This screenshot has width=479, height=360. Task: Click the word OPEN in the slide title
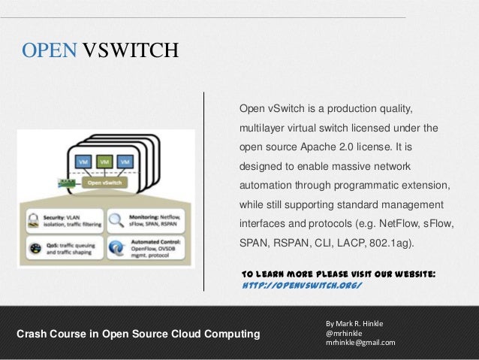[x=49, y=50]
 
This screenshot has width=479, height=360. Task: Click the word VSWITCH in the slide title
[x=130, y=50]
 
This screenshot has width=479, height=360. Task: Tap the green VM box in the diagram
[x=104, y=162]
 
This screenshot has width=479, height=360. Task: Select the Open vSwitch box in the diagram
[x=105, y=181]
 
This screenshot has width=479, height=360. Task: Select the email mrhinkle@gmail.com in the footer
[x=360, y=342]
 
